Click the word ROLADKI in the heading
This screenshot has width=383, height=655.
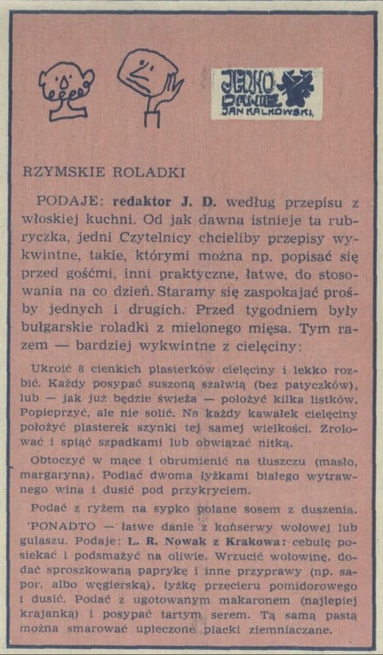click(x=132, y=172)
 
